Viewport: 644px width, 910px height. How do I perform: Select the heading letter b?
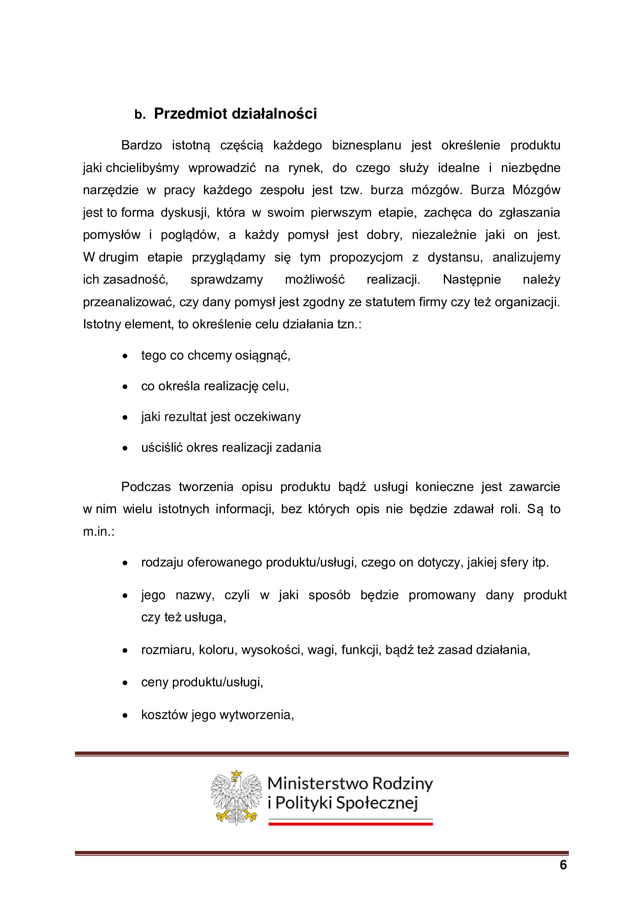pos(140,115)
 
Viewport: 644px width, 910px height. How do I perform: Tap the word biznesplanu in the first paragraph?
pos(366,146)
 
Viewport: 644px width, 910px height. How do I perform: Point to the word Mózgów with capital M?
pos(536,190)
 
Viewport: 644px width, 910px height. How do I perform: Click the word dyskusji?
pos(185,213)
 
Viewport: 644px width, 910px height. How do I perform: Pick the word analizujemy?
pos(526,258)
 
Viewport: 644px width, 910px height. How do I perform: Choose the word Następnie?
pos(472,280)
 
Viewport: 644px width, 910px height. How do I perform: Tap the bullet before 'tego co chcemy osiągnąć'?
pos(125,356)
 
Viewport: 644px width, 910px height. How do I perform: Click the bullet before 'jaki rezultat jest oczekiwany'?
pos(125,418)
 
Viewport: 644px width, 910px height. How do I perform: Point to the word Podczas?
pos(146,487)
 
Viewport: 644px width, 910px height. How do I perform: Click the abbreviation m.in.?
pos(99,532)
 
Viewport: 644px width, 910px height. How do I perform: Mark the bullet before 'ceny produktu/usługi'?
pos(125,683)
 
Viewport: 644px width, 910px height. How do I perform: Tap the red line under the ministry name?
pos(350,824)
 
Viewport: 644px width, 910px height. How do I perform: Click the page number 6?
pos(563,865)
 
